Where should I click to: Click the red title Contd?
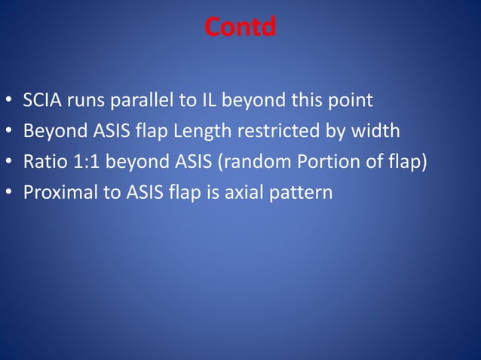(x=240, y=28)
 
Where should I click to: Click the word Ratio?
(x=44, y=162)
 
